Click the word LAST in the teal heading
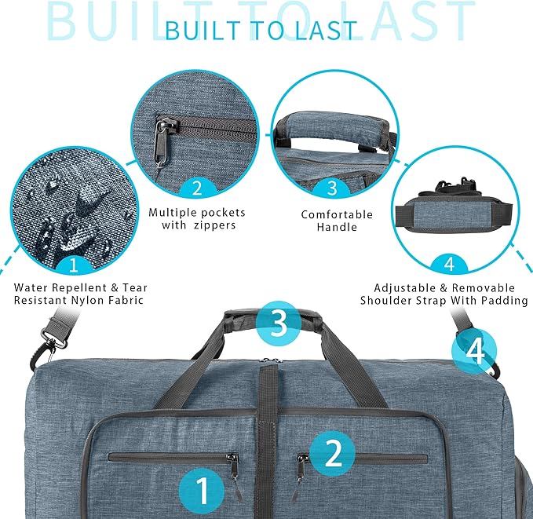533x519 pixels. point(324,29)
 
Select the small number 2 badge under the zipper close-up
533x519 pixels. point(196,187)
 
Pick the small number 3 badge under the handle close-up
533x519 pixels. point(332,188)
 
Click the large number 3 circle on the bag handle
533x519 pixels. point(278,323)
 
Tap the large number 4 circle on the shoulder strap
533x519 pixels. point(475,351)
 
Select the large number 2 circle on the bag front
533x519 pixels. point(333,452)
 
